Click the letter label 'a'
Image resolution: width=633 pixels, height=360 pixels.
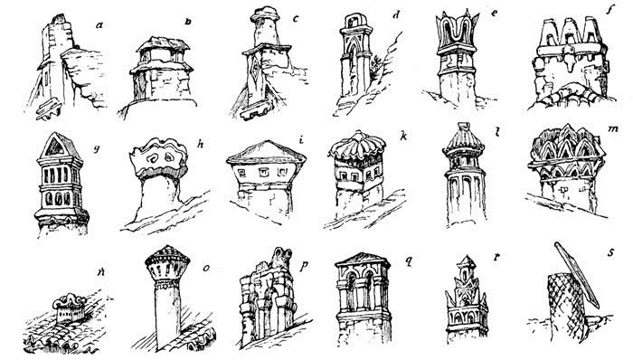pyautogui.click(x=99, y=25)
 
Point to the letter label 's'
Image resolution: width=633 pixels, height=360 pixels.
pyautogui.click(x=610, y=252)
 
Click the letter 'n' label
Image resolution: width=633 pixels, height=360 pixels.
pyautogui.click(x=100, y=272)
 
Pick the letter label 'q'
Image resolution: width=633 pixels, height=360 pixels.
pyautogui.click(x=409, y=261)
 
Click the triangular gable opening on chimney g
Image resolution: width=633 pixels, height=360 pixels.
pyautogui.click(x=55, y=147)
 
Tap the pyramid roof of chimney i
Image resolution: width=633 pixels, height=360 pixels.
pyautogui.click(x=266, y=152)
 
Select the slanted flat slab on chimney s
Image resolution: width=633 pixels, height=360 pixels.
pyautogui.click(x=576, y=274)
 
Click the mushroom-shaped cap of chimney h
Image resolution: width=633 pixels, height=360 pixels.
pyautogui.click(x=159, y=157)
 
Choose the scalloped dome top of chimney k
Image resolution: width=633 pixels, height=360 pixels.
pyautogui.click(x=357, y=146)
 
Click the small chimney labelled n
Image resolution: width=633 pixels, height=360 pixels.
pyautogui.click(x=70, y=308)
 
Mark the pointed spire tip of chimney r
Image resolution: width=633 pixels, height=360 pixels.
pyautogui.click(x=467, y=256)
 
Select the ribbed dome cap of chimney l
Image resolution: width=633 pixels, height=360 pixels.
pyautogui.click(x=463, y=141)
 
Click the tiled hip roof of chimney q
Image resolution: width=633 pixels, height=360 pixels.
pyautogui.click(x=362, y=260)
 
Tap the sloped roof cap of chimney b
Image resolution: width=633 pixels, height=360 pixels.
pyautogui.click(x=163, y=43)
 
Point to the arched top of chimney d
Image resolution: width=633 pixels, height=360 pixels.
pyautogui.click(x=355, y=21)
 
